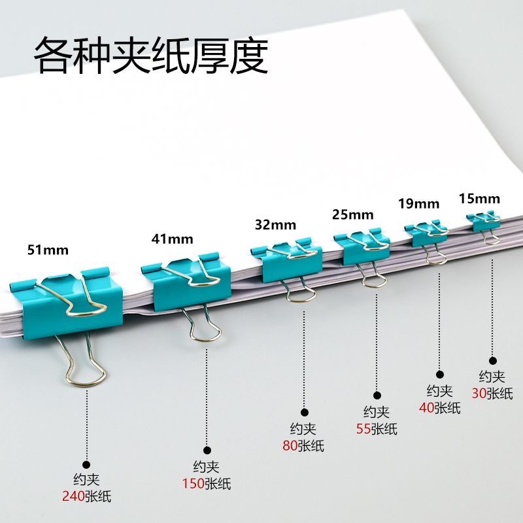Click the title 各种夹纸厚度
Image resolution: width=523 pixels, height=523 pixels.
(x=151, y=56)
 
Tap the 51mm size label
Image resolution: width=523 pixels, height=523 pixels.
(x=48, y=250)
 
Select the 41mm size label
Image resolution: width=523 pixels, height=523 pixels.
(x=169, y=239)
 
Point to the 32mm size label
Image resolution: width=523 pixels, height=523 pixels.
(x=275, y=226)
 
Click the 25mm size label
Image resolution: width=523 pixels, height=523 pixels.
(x=352, y=214)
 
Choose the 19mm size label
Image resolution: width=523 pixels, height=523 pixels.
(x=418, y=203)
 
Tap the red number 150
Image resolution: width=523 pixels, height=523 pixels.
(x=193, y=484)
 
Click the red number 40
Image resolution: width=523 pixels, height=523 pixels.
(x=427, y=409)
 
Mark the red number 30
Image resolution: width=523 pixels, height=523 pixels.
(x=479, y=394)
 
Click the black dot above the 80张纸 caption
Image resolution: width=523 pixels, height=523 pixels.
(x=304, y=412)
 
